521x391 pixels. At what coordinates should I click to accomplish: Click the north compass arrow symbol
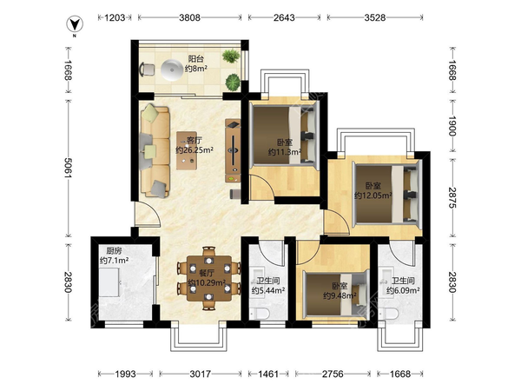[75, 24]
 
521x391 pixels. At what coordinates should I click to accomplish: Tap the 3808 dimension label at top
[189, 17]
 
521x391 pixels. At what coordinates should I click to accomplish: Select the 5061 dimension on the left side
[68, 168]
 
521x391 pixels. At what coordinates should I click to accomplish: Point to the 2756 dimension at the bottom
[333, 374]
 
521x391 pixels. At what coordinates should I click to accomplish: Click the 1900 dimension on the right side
[452, 126]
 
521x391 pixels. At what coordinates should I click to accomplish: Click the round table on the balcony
[172, 70]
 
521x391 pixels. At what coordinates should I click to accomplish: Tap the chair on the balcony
[147, 70]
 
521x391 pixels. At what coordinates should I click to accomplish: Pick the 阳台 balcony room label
[196, 59]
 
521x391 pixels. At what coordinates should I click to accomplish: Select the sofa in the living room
[155, 151]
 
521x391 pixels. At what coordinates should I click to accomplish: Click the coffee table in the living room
[187, 150]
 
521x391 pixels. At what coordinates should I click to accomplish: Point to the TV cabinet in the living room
[233, 150]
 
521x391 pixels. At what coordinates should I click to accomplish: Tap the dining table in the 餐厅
[209, 278]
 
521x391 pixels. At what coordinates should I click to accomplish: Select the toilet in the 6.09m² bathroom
[389, 314]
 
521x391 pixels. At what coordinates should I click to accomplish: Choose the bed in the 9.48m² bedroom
[337, 294]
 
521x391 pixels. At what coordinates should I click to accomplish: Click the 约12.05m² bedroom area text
[373, 195]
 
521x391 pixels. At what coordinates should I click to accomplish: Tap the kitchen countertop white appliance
[109, 282]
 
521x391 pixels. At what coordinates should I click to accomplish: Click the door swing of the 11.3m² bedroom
[262, 187]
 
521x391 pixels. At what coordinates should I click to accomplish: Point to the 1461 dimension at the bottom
[268, 374]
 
